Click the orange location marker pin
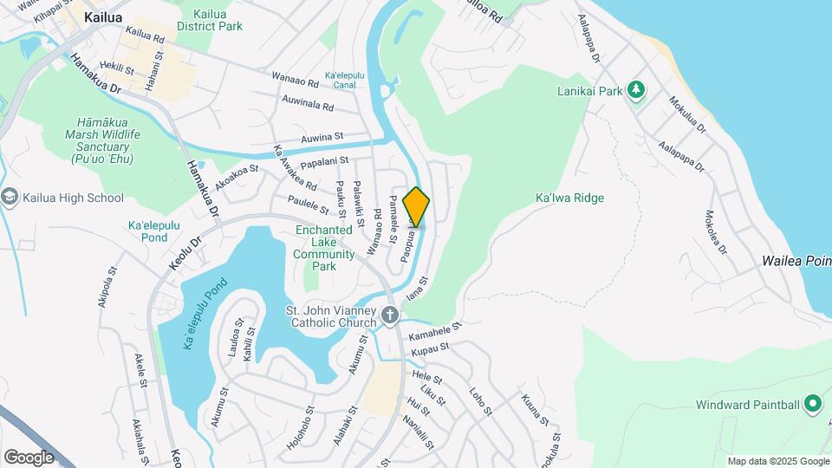[x=417, y=206]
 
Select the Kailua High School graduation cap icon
[x=10, y=198]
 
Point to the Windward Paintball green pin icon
[x=813, y=404]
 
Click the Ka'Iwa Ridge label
[x=569, y=198]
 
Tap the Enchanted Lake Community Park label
[x=324, y=248]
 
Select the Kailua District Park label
[x=210, y=20]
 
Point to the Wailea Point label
[x=796, y=261]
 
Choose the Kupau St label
[x=431, y=349]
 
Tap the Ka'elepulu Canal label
[x=341, y=80]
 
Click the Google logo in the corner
[x=28, y=457]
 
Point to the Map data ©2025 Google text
[x=777, y=461]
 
